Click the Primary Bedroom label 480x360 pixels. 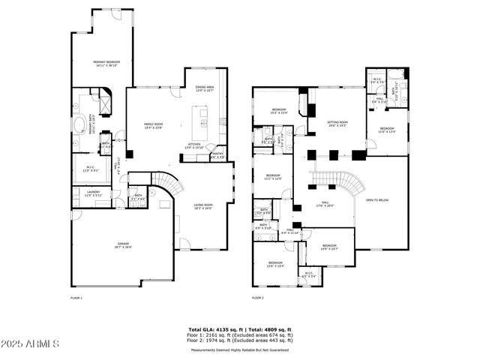107,63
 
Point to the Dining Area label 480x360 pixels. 205,88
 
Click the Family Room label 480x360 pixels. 154,125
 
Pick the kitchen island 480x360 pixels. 201,118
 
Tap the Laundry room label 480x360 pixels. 93,193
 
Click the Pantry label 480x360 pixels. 217,155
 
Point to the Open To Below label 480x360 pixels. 377,201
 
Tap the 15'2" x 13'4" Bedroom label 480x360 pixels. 279,112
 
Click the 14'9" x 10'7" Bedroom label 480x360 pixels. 330,247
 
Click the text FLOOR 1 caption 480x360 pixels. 76,298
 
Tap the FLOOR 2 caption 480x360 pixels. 259,298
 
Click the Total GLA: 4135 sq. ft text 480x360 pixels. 212,328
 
